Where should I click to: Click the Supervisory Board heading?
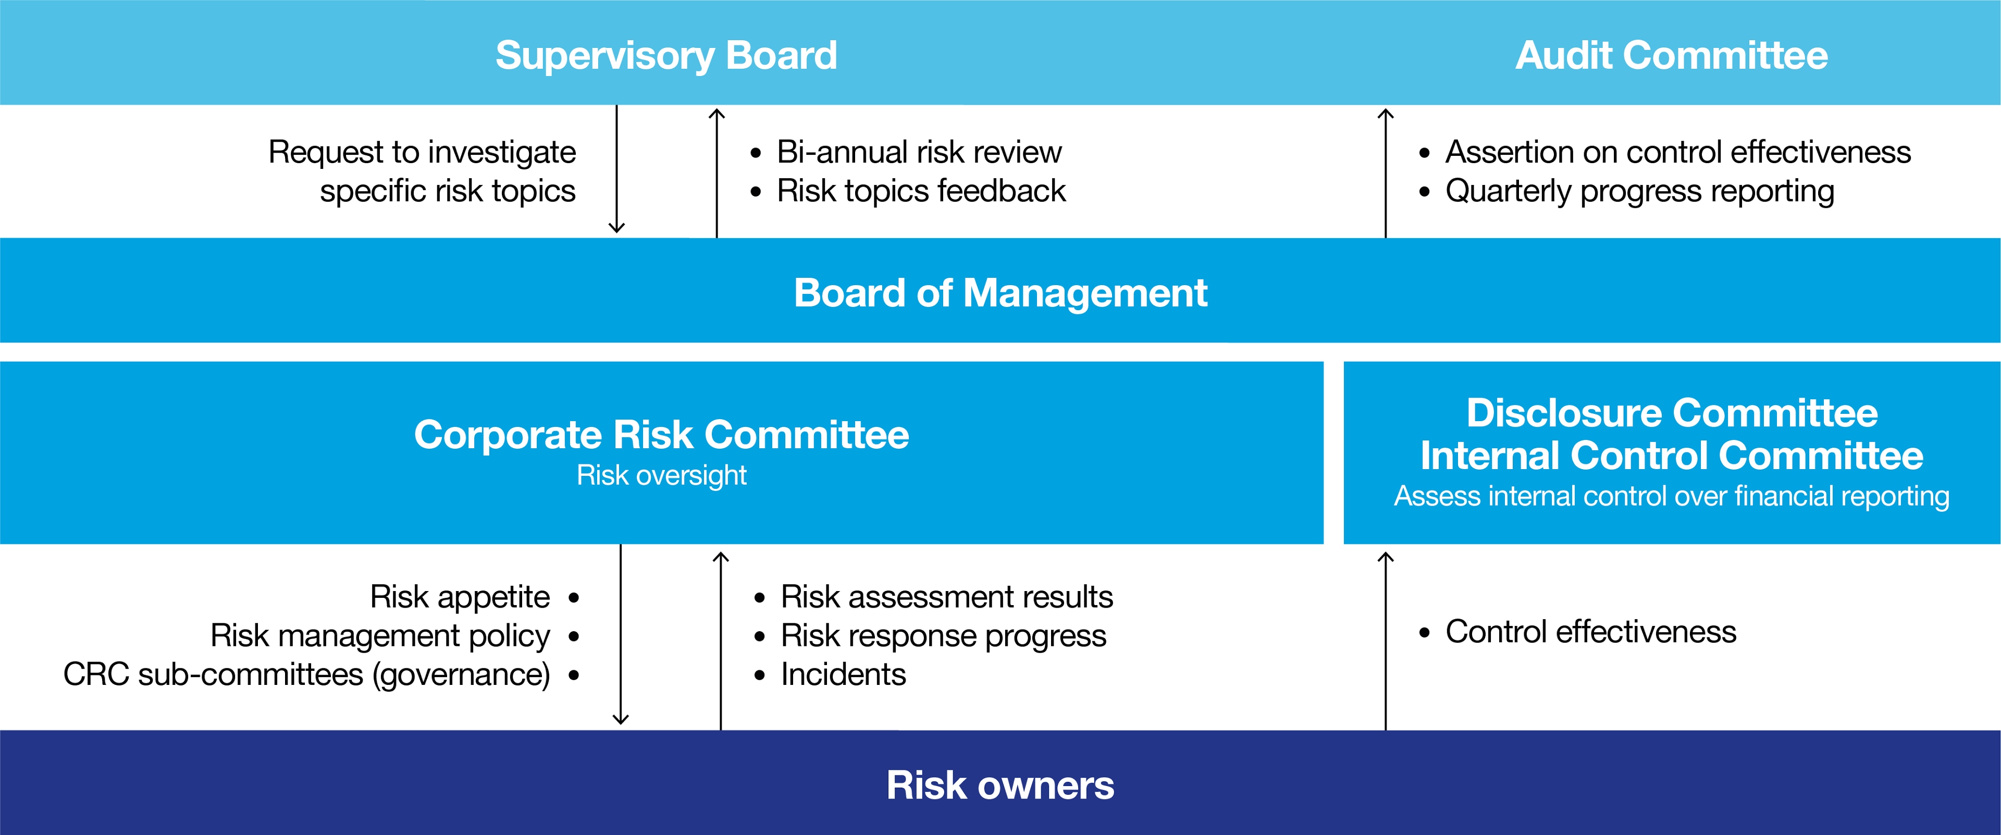point(666,56)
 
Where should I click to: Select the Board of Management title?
point(1000,293)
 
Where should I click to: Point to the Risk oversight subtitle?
point(661,475)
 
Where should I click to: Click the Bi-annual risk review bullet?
point(918,152)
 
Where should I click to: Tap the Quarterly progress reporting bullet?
point(1639,191)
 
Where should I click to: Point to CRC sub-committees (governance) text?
point(307,674)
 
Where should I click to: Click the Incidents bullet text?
point(843,674)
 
